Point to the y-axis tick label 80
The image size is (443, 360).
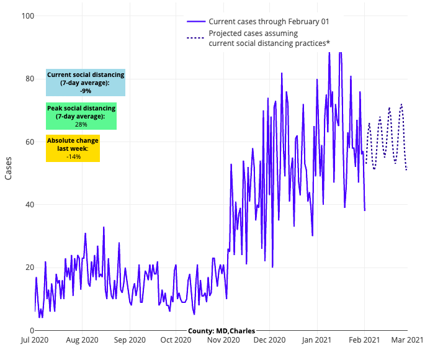pyautogui.click(x=25, y=79)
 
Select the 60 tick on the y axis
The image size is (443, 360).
pyautogui.click(x=25, y=142)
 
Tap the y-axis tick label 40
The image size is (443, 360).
pyautogui.click(x=25, y=205)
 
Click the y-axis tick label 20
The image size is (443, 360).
pyautogui.click(x=25, y=268)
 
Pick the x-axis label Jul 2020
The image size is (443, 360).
pyautogui.click(x=35, y=340)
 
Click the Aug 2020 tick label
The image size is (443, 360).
pyautogui.click(x=82, y=340)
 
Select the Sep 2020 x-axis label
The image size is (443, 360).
pyautogui.click(x=130, y=340)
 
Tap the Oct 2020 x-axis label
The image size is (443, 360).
pyautogui.click(x=176, y=340)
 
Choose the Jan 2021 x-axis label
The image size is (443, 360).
pyautogui.click(x=316, y=340)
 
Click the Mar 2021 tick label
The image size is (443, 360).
pyautogui.click(x=406, y=340)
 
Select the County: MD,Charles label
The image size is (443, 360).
pyautogui.click(x=221, y=331)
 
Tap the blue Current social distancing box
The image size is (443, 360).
pyautogui.click(x=86, y=83)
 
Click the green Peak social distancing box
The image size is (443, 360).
pyautogui.click(x=81, y=116)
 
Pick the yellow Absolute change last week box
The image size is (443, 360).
pyautogui.click(x=73, y=149)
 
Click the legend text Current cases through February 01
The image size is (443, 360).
pyautogui.click(x=269, y=21)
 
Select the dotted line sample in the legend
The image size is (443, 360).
pyautogui.click(x=195, y=38)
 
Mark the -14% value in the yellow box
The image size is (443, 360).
pyautogui.click(x=73, y=157)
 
